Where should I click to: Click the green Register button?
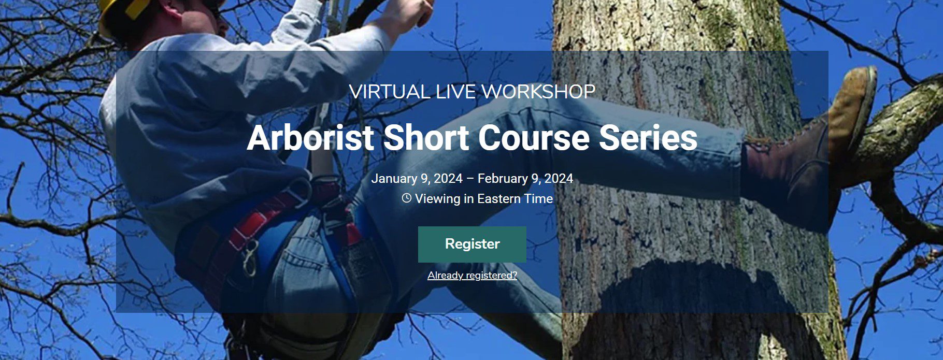[x=472, y=244]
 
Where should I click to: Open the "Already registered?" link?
[x=472, y=275]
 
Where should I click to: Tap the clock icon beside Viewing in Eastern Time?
[x=407, y=198]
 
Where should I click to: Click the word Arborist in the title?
[x=310, y=138]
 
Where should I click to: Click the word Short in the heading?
[x=426, y=138]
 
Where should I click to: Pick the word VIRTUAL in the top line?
[x=389, y=92]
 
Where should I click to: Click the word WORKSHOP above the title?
[x=538, y=92]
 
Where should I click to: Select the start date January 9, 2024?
[x=417, y=179]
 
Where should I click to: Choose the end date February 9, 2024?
[x=525, y=179]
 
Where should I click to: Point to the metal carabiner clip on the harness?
[x=250, y=258]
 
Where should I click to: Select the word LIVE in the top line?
[x=455, y=92]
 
